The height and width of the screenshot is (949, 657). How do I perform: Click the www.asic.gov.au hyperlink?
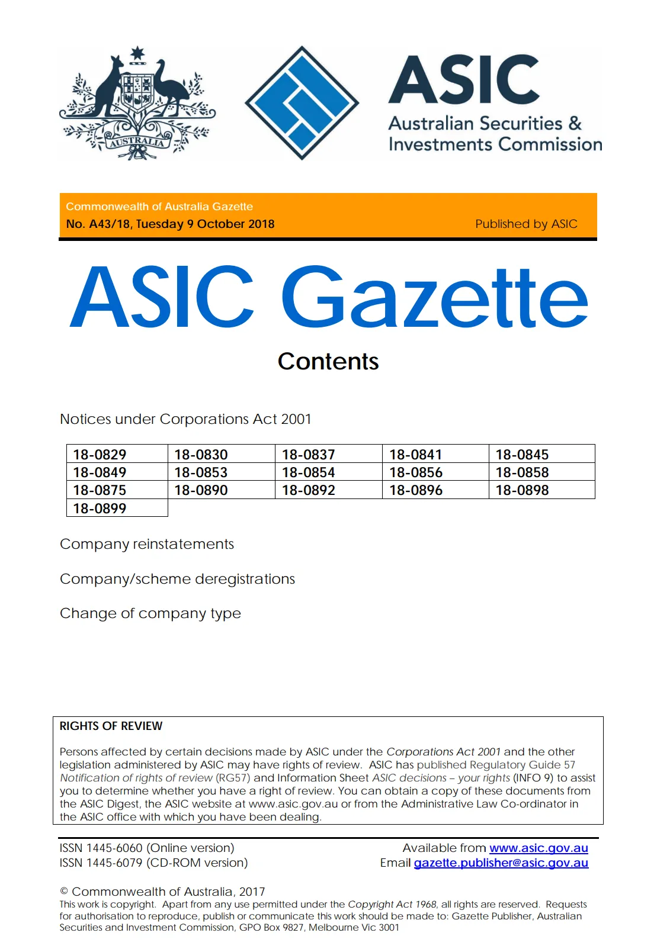coord(539,848)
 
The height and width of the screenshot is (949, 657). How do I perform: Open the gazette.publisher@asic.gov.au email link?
coord(501,863)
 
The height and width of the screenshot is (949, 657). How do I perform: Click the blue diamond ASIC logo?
coord(302,102)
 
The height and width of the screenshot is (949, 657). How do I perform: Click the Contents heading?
coord(328,362)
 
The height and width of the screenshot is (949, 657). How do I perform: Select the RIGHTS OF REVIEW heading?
coord(111,726)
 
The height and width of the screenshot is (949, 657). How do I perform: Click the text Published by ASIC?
coord(526,224)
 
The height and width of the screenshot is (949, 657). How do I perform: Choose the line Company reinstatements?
coord(147,544)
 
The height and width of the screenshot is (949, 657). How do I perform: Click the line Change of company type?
coord(150,613)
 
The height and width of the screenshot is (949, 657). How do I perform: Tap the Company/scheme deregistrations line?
coord(177,579)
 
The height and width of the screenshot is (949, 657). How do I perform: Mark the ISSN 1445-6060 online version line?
coord(147,848)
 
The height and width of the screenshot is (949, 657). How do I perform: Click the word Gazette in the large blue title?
coord(434,297)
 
